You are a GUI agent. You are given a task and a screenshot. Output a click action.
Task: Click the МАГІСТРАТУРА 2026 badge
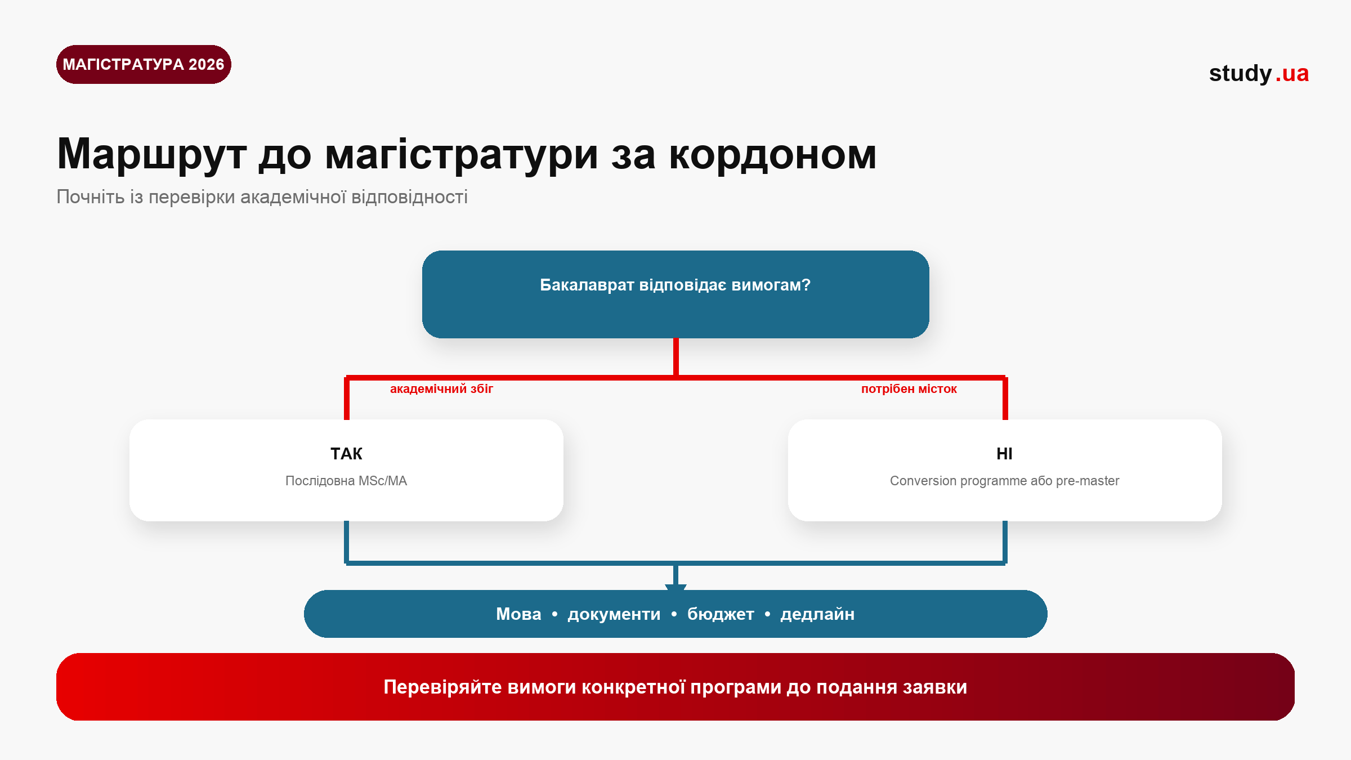point(144,65)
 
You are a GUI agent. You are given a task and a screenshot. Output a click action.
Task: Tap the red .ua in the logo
point(1292,74)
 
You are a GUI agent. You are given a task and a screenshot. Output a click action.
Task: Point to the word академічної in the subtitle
point(293,197)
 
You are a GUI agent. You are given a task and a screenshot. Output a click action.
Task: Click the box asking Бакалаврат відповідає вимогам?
point(675,294)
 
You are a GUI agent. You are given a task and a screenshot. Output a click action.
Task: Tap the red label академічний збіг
point(441,389)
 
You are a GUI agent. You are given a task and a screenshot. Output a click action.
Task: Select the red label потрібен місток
point(909,389)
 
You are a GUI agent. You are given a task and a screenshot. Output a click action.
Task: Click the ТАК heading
point(346,454)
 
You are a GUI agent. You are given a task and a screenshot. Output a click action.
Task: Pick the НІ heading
point(1004,454)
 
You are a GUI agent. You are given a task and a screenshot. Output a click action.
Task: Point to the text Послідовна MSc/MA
point(346,481)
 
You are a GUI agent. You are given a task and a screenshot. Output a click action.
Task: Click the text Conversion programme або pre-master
point(1005,481)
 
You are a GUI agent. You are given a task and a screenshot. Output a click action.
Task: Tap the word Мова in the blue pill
point(518,614)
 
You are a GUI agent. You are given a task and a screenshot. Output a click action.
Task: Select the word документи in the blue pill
point(614,614)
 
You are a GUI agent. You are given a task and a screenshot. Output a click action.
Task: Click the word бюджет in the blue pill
point(721,614)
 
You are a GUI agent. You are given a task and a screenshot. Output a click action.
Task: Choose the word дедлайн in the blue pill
point(817,614)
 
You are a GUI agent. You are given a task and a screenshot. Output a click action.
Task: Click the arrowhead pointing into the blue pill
point(675,587)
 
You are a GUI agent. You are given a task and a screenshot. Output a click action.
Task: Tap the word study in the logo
point(1240,74)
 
